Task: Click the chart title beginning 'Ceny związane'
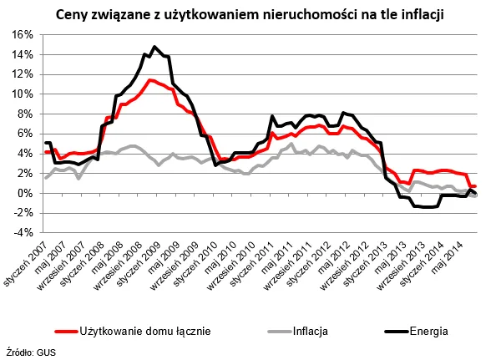(x=250, y=14)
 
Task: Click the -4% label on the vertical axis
(x=22, y=233)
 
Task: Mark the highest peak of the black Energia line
(x=154, y=47)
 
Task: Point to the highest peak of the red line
(x=149, y=80)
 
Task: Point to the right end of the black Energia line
(x=476, y=194)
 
